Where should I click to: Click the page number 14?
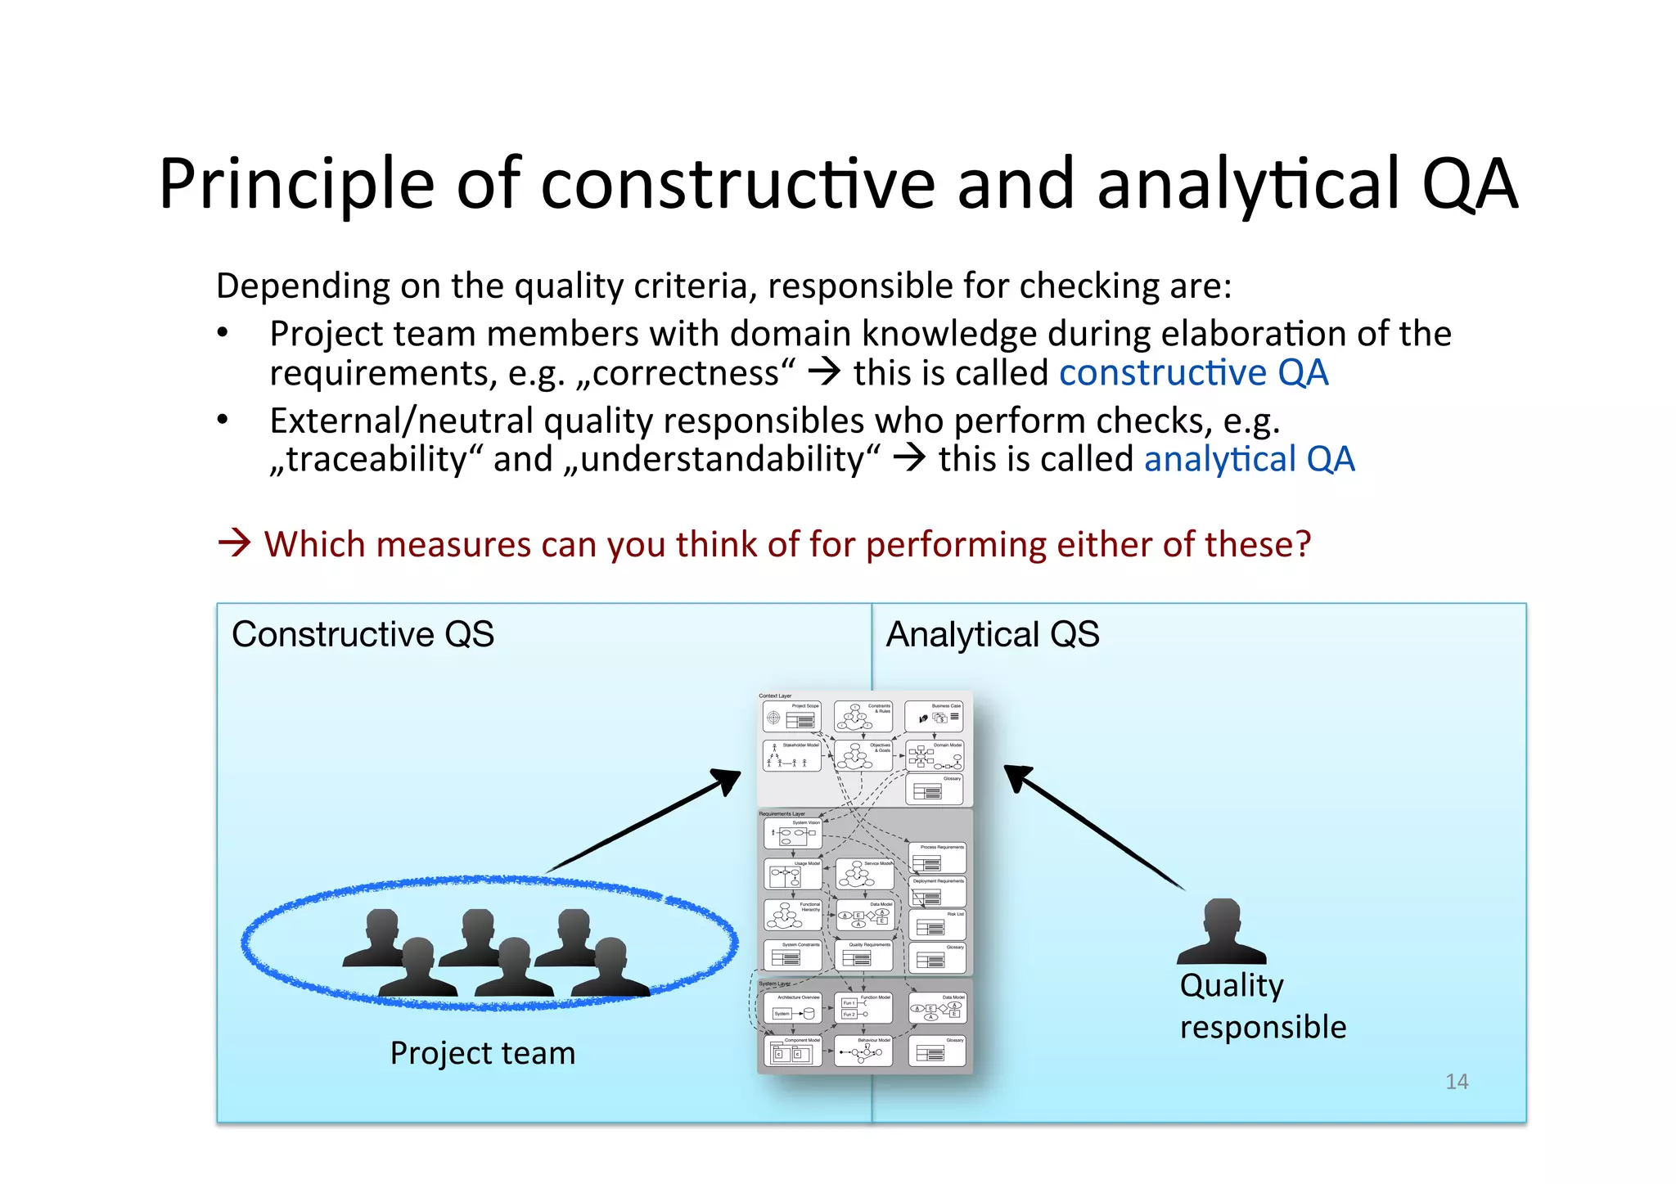[1456, 1081]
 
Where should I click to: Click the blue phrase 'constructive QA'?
[1193, 373]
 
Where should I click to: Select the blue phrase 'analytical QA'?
[1249, 459]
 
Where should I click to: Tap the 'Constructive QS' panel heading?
[363, 634]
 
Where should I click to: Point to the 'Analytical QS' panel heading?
[992, 634]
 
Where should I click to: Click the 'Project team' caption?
[482, 1052]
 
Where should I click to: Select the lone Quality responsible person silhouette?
[1221, 932]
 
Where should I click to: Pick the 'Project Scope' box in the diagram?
[792, 717]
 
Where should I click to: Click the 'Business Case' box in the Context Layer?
[935, 717]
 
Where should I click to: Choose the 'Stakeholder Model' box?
[792, 756]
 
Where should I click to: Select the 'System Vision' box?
[792, 834]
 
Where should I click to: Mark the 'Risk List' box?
[938, 925]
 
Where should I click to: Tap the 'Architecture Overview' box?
[792, 1008]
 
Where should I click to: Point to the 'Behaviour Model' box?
[863, 1051]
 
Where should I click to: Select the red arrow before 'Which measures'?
[234, 542]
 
